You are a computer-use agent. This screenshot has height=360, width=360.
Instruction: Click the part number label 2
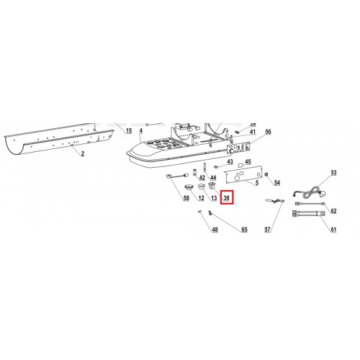click(x=83, y=153)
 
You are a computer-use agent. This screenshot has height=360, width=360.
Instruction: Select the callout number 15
click(x=129, y=130)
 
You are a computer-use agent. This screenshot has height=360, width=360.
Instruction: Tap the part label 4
click(x=141, y=130)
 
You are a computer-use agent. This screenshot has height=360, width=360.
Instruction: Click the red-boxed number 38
click(x=227, y=198)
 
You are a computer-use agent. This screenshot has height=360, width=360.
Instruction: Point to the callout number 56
click(x=268, y=132)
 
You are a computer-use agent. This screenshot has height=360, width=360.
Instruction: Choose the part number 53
click(x=333, y=173)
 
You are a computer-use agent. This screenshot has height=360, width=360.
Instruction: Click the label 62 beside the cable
click(x=333, y=211)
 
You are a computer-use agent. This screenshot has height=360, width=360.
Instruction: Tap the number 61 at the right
click(x=333, y=230)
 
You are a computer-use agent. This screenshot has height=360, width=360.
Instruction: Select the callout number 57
click(x=267, y=230)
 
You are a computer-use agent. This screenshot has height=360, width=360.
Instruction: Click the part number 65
click(x=244, y=230)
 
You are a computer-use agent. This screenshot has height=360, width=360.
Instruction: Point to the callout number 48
click(x=215, y=230)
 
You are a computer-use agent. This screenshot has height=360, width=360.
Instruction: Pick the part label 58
click(x=186, y=198)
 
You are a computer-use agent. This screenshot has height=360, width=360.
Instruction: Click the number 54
click(x=277, y=183)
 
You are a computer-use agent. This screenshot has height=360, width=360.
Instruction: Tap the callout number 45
click(x=248, y=161)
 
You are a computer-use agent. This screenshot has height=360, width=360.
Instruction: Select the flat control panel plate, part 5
click(x=243, y=174)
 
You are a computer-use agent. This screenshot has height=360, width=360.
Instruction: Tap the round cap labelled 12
click(x=189, y=186)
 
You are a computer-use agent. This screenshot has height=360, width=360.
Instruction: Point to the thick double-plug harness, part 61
click(x=308, y=214)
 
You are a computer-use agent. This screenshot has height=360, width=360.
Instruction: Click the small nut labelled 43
click(x=216, y=166)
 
